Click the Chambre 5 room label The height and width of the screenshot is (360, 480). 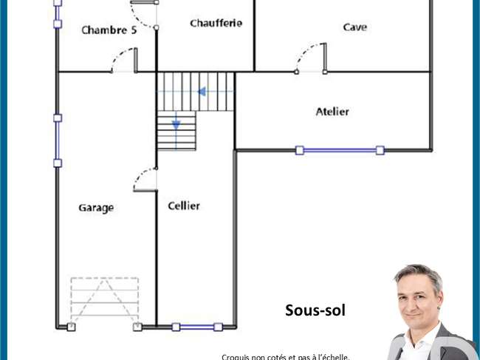[109, 30]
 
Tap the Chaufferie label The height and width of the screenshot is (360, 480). [216, 23]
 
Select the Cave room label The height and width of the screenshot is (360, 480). [354, 27]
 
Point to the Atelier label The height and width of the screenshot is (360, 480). [332, 111]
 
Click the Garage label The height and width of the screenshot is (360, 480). [96, 208]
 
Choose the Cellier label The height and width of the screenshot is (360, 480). [184, 206]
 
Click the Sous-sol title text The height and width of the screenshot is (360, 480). [315, 310]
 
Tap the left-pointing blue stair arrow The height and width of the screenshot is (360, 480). [202, 92]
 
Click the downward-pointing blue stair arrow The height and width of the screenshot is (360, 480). [176, 124]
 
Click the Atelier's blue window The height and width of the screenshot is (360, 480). [340, 151]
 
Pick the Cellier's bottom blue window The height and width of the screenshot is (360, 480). [197, 327]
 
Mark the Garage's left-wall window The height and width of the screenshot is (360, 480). [58, 140]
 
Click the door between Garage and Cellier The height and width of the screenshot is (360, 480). [145, 180]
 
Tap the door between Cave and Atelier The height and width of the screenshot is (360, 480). [311, 58]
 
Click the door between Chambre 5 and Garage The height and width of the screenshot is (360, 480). [124, 61]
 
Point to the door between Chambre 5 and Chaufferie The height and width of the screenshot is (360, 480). [144, 14]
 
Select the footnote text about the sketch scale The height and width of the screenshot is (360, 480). [286, 357]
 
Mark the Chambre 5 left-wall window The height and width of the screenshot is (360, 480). [58, 14]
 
